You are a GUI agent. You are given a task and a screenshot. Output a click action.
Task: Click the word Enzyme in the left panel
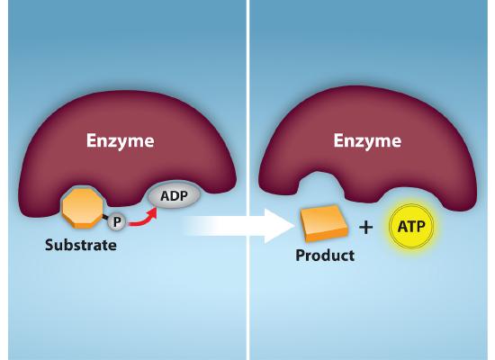click(x=120, y=140)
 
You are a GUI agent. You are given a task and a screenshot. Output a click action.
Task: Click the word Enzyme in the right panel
click(x=368, y=140)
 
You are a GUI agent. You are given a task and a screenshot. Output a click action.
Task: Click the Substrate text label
click(x=81, y=245)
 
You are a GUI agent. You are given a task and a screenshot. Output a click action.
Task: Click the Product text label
click(x=325, y=256)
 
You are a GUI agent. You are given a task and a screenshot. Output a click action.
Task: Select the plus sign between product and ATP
click(x=365, y=228)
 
